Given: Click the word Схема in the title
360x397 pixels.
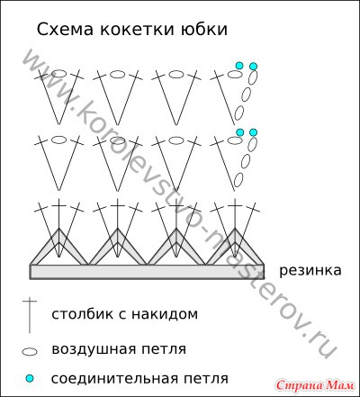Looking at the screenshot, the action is [65, 30].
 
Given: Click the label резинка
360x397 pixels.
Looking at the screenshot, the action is [310, 271].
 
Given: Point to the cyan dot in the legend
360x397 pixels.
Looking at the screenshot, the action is [30, 379].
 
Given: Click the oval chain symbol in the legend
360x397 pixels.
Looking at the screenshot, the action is [30, 352].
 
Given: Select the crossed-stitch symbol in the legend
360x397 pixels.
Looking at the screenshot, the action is [30, 316].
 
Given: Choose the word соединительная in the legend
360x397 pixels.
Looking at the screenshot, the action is [114, 378].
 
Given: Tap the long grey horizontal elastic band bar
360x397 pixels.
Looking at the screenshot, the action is [147, 272].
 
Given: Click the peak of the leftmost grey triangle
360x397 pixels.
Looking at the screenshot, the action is [59, 229].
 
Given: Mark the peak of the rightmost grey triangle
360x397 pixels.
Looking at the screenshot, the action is [235, 229].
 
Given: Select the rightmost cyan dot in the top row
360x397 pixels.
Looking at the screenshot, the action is [254, 66].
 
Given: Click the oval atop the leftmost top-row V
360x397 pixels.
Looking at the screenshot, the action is [59, 74].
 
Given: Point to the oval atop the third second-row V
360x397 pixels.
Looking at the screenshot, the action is [176, 140].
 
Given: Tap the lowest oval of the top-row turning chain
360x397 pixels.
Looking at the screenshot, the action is [238, 113].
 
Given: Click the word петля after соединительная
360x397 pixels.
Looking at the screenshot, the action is [205, 379].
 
